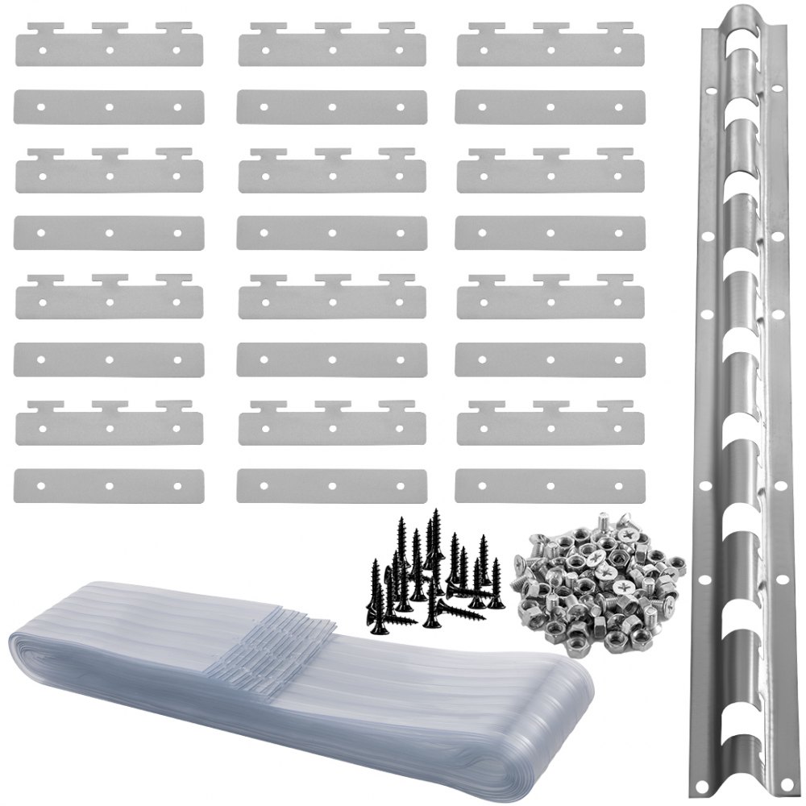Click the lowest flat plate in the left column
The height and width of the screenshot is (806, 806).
coord(108,484)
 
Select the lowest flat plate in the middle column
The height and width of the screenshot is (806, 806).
coord(331,484)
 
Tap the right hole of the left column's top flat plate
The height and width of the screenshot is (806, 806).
coord(177,106)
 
